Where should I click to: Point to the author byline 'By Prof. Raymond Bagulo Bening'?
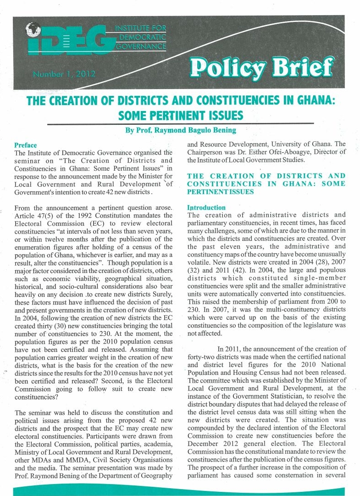pyautogui.click(x=181, y=130)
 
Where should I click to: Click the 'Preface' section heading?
pyautogui.click(x=26, y=145)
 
